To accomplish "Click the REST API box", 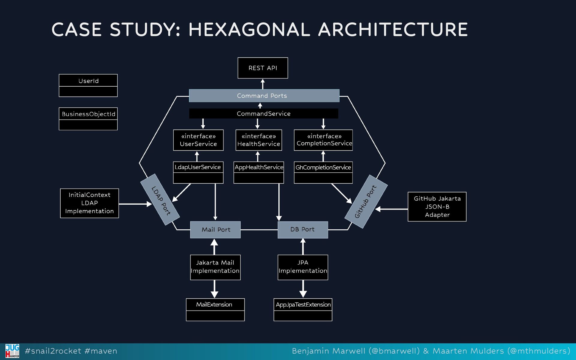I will click(262, 68).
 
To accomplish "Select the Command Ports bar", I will click(264, 96).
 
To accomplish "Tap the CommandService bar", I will click(263, 114).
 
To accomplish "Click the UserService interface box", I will click(198, 140).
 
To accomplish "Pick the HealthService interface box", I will click(259, 140).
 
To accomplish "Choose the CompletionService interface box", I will click(323, 140).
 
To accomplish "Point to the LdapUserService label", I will click(198, 167).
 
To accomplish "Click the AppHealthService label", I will click(259, 167).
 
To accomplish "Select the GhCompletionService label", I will click(323, 167).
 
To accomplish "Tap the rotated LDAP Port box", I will click(160, 200).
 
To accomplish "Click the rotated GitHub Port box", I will click(366, 201).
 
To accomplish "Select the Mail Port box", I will click(215, 230).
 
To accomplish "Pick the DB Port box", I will click(303, 230).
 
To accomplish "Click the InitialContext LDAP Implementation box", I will click(89, 203).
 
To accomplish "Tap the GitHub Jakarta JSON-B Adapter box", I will click(437, 207).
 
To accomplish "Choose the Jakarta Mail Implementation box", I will click(215, 267).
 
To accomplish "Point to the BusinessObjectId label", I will click(88, 114).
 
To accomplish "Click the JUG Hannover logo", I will click(12, 351).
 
